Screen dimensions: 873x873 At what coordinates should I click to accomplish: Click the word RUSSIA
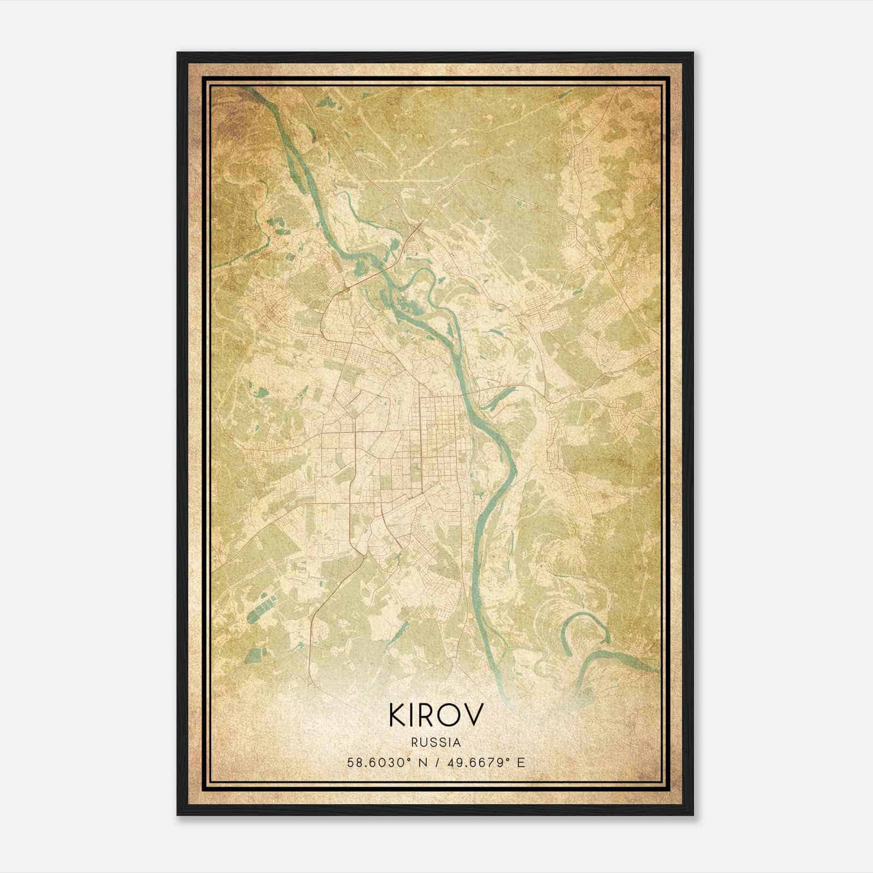(x=436, y=743)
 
